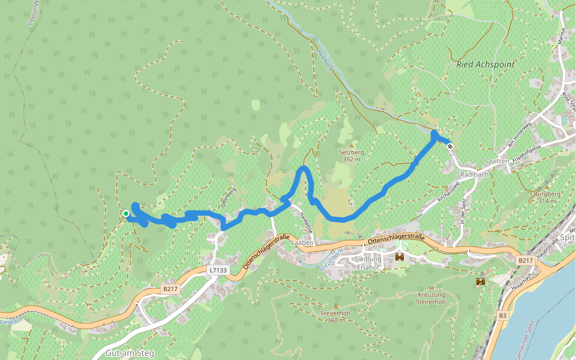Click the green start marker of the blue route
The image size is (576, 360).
click(126, 214)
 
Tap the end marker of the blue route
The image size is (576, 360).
click(450, 146)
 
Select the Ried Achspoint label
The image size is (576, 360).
click(485, 64)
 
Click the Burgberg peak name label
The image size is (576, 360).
click(546, 194)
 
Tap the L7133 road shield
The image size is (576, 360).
click(218, 271)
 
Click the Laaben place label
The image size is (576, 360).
click(302, 243)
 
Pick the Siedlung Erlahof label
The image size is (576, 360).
click(368, 263)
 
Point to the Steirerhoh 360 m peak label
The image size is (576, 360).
click(335, 316)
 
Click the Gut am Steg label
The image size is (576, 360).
click(129, 353)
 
